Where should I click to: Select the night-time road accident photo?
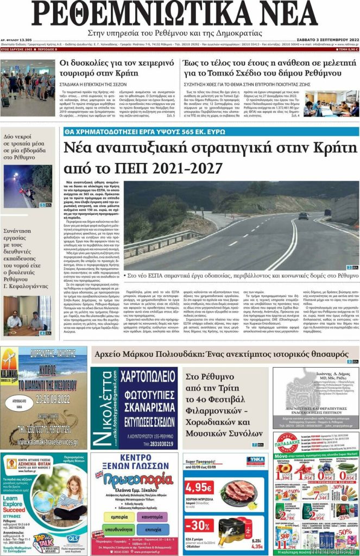point(27,187)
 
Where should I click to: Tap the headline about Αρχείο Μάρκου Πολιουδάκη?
point(221,354)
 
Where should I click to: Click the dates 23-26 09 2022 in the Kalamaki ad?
point(43,402)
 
